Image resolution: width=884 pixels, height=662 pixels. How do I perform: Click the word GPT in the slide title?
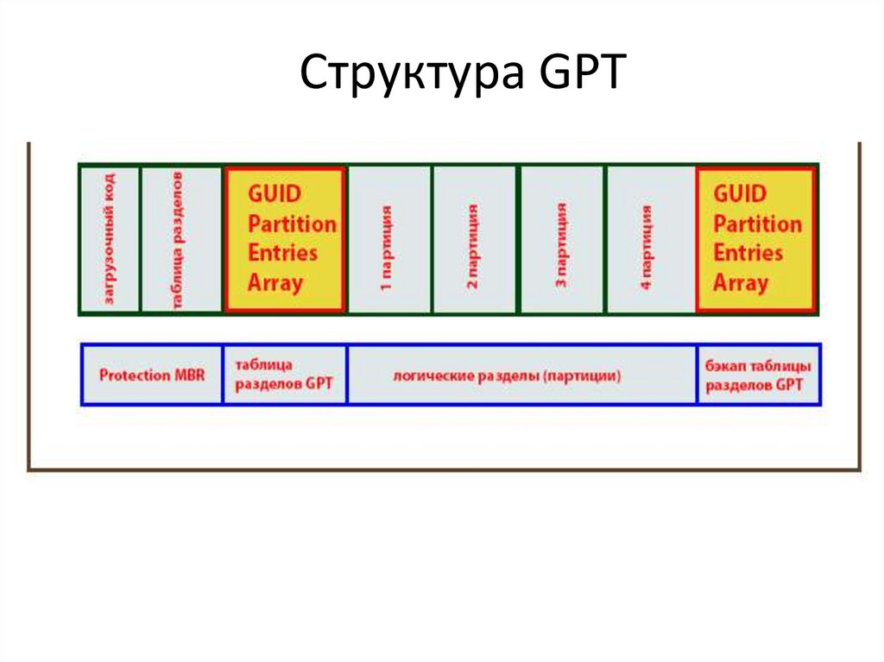580,74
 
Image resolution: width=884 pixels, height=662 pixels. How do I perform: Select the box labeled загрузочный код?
110,239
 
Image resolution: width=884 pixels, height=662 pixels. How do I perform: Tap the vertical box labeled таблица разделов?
180,239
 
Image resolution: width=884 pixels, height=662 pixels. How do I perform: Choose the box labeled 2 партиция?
474,239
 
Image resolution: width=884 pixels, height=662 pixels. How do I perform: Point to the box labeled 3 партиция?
561,239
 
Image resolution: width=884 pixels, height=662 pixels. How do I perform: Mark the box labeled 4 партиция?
648,239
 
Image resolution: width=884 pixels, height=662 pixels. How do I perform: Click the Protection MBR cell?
152,375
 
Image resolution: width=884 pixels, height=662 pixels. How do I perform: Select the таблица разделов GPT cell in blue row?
285,375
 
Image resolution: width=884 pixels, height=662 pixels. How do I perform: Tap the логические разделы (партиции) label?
521,375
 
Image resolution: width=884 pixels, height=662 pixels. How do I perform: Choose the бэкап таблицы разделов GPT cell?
758,375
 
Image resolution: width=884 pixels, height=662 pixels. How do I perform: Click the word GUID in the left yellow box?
275,193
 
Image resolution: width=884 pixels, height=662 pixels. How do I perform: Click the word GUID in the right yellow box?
740,193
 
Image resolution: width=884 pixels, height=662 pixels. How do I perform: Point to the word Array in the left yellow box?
275,282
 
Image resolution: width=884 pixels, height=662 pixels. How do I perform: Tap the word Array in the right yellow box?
740,282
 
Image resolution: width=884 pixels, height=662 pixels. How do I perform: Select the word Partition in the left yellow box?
292,223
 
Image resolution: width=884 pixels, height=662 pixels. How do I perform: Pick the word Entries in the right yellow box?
748,253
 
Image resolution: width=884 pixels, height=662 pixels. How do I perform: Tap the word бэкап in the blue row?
725,365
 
